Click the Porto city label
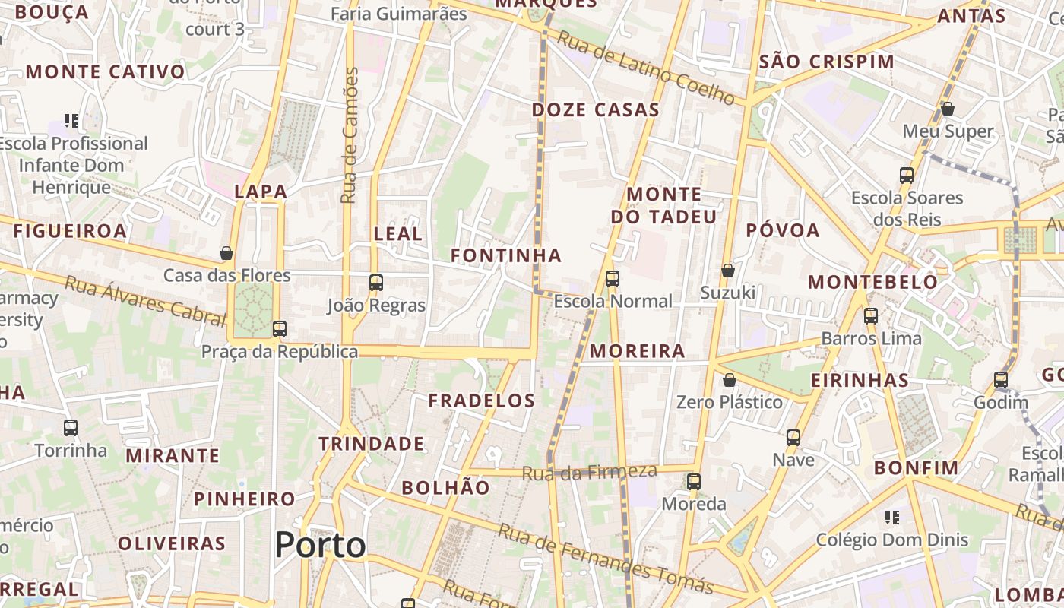(x=320, y=545)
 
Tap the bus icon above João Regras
(x=375, y=283)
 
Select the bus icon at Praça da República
(x=280, y=329)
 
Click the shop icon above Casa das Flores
(x=226, y=253)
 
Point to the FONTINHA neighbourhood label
(x=506, y=255)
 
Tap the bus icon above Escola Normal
(x=613, y=279)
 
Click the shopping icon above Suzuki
(x=727, y=271)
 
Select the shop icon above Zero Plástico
(x=730, y=379)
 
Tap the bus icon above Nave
(x=793, y=438)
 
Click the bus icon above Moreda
(x=693, y=482)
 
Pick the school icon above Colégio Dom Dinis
(x=892, y=518)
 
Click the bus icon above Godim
(x=1001, y=380)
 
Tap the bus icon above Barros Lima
(x=871, y=316)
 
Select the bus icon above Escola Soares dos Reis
(x=907, y=176)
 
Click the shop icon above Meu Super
(x=948, y=109)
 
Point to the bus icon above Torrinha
(x=71, y=428)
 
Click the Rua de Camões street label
(x=350, y=135)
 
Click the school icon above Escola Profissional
(x=71, y=121)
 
